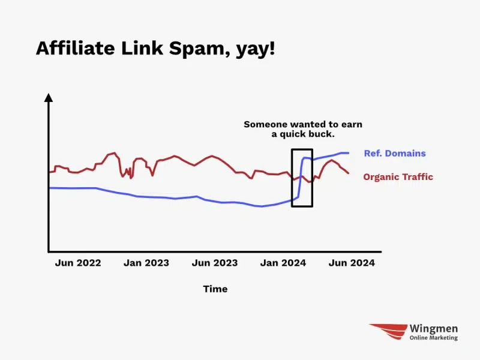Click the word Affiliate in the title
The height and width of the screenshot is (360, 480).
76,48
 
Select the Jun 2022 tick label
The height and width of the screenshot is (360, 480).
78,263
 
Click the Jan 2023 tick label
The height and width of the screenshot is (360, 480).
146,263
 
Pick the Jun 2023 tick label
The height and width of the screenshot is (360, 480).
215,263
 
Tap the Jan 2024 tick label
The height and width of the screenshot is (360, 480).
283,263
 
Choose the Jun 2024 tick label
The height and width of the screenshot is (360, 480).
352,263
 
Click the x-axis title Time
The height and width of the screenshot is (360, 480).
215,289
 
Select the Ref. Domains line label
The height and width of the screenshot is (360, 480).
395,153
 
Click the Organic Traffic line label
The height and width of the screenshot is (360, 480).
398,176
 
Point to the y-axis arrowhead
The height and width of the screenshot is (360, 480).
49,97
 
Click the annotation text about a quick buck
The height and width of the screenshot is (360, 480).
303,129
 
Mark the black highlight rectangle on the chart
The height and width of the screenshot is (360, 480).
292,178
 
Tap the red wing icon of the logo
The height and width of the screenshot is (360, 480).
389,331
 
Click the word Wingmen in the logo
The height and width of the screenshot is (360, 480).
434,328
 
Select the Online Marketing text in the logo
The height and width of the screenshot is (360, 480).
434,338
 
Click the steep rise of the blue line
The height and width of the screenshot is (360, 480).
301,178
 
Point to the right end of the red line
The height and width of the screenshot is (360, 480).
349,173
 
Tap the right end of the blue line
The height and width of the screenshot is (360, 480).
349,153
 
